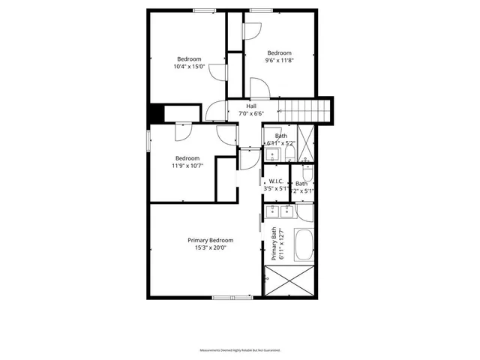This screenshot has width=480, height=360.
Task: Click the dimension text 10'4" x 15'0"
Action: tap(189, 67)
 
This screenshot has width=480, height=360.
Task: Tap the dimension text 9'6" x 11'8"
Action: tap(279, 61)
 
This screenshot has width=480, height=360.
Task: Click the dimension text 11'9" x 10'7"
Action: tap(187, 166)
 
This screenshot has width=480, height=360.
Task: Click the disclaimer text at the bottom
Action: tap(239, 350)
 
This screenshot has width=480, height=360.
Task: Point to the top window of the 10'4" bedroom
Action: tap(205, 10)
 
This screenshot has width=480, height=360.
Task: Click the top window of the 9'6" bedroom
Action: tap(261, 10)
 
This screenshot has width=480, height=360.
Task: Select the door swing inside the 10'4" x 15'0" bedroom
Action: tap(217, 73)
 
